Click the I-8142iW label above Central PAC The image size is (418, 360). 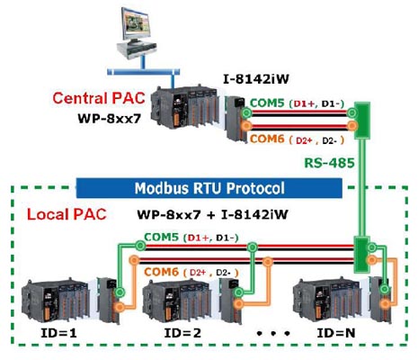click(256, 79)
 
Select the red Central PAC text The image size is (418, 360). click(99, 98)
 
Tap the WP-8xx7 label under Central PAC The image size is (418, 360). click(109, 118)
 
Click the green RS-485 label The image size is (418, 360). click(329, 163)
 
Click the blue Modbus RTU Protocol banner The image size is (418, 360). click(209, 188)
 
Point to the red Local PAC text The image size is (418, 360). click(67, 214)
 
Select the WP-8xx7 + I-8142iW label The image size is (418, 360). click(212, 214)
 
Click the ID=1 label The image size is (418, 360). click(58, 333)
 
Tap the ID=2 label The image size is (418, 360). click(182, 333)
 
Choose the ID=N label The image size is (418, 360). click(336, 333)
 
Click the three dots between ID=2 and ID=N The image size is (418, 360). click(273, 333)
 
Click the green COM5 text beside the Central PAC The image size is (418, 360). click(267, 103)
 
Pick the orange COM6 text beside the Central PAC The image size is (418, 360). click(267, 139)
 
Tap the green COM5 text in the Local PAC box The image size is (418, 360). click(161, 237)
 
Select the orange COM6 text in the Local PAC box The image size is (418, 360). click(161, 272)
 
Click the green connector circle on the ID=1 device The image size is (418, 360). click(120, 292)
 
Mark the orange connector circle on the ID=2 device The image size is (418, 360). click(239, 304)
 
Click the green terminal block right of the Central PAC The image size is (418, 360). click(362, 121)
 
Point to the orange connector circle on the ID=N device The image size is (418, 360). click(386, 304)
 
